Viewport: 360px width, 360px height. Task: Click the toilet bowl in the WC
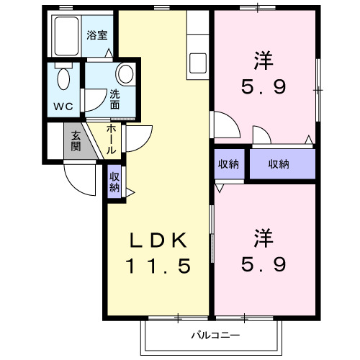[x=63, y=79]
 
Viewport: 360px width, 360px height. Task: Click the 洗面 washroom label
[x=115, y=98]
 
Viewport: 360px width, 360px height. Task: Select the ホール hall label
[x=112, y=140]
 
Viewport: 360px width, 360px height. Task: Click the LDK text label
[x=160, y=240]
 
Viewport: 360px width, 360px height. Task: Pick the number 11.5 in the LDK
[x=160, y=266]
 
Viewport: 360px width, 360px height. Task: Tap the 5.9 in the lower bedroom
[x=263, y=264]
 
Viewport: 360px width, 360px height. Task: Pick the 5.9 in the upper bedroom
[x=263, y=88]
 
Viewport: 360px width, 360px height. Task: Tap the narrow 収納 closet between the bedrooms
[x=229, y=164]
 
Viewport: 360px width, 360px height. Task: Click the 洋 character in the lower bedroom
[x=263, y=237]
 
